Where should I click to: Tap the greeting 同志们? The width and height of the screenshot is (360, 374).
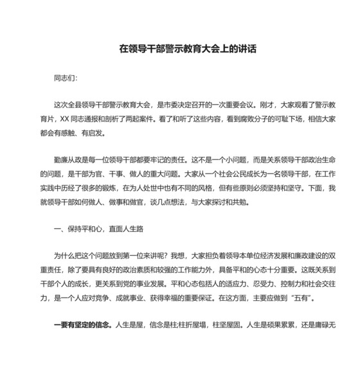64,78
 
